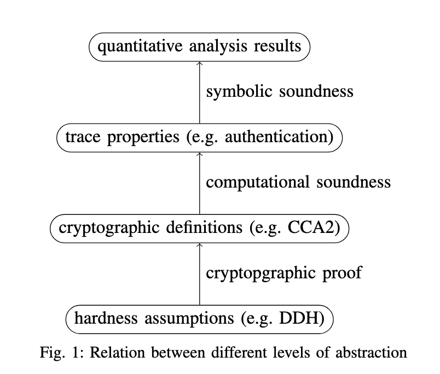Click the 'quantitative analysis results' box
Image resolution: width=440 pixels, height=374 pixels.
point(200,47)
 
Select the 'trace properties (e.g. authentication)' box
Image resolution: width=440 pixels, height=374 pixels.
point(200,138)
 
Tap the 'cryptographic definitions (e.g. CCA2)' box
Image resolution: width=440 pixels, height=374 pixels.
point(200,229)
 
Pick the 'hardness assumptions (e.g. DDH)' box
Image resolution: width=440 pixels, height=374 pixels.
point(200,319)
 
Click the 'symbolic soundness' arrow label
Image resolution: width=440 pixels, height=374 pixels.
point(280,92)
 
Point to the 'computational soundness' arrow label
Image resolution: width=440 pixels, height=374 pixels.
point(298,182)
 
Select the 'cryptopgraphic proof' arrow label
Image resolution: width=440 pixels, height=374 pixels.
point(284,273)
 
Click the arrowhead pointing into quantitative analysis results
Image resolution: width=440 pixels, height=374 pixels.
point(200,63)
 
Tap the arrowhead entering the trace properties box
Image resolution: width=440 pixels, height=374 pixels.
point(200,154)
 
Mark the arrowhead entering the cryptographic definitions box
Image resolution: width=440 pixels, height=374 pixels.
point(200,245)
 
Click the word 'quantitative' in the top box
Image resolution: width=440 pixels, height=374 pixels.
point(140,46)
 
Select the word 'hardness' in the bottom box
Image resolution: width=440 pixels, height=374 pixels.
point(106,318)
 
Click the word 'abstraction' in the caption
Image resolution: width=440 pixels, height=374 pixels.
point(371,353)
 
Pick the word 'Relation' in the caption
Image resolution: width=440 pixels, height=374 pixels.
point(117,353)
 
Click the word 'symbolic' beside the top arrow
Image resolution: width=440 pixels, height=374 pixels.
point(239,92)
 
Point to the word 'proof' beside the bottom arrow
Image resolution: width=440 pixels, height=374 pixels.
point(343,273)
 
